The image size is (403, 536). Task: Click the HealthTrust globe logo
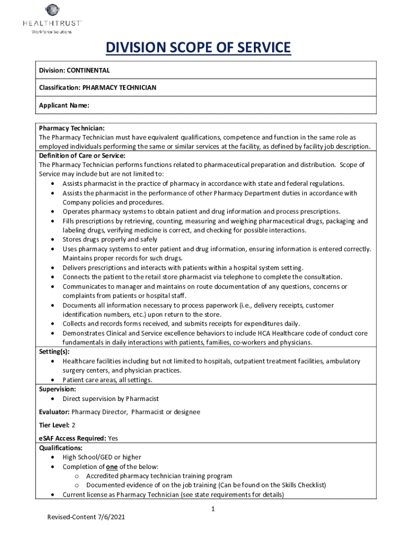(x=52, y=10)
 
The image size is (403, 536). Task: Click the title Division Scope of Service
(x=198, y=48)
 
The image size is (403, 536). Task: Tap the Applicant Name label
(x=64, y=105)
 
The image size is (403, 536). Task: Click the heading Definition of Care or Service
(x=82, y=155)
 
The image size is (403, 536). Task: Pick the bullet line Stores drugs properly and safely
(x=109, y=240)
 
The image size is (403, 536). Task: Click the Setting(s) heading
(x=54, y=352)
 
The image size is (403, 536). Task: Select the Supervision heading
(x=58, y=389)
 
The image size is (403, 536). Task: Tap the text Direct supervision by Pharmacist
(x=110, y=399)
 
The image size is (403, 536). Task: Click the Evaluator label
(x=54, y=412)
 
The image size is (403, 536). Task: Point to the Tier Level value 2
(x=73, y=425)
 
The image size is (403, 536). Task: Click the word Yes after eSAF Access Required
(x=113, y=438)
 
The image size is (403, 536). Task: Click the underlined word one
(x=111, y=466)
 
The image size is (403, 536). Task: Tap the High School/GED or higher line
(x=102, y=457)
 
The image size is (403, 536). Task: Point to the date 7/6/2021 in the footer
(x=110, y=517)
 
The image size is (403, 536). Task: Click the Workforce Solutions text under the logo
(x=52, y=32)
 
